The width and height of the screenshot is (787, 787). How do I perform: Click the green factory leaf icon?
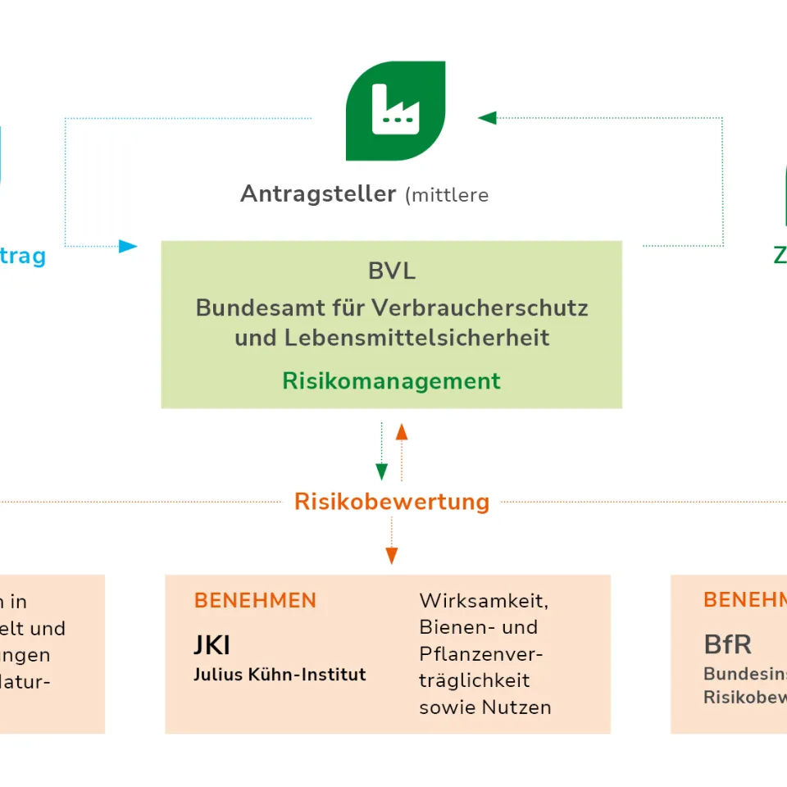(396, 111)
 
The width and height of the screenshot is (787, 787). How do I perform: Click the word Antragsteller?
(318, 194)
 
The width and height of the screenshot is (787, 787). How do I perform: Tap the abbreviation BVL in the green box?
(392, 271)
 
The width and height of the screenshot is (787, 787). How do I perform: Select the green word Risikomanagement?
(391, 381)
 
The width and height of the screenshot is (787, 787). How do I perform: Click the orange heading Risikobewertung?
(392, 502)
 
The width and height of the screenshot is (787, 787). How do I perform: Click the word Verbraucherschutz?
(480, 308)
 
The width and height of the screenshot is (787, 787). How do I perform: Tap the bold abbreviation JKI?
(212, 645)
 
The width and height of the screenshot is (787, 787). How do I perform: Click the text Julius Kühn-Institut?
(280, 675)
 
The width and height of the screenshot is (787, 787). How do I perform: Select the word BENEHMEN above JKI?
(255, 601)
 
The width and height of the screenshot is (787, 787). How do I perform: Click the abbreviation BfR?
(727, 644)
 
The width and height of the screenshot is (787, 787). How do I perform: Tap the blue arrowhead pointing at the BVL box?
(128, 246)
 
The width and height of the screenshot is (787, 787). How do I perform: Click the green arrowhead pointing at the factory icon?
(487, 118)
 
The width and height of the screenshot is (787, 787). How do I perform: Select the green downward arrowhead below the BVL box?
(381, 471)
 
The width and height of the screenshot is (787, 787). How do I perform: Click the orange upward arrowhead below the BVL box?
(402, 431)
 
